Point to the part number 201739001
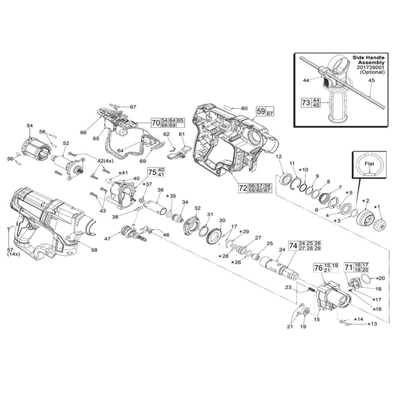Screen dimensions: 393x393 [x=370, y=67]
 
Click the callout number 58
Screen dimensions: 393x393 [x=94, y=250]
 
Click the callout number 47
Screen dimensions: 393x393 [x=107, y=238]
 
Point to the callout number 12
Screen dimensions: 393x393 [x=279, y=157]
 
